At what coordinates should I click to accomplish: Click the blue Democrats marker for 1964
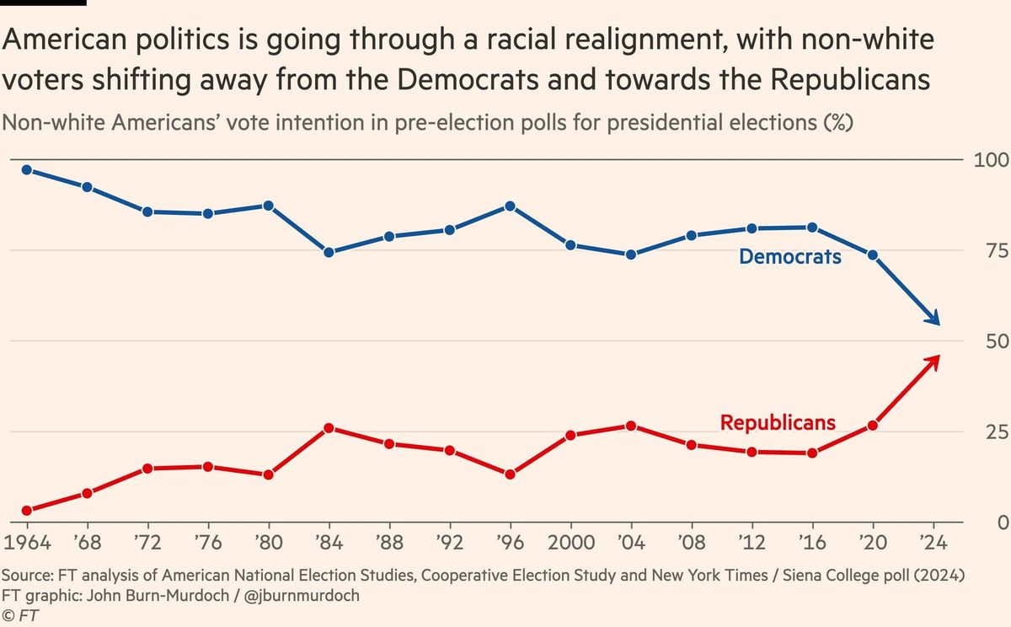click(27, 169)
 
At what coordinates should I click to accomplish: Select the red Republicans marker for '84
click(329, 428)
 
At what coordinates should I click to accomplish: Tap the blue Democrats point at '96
click(510, 206)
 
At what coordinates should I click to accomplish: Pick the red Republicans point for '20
click(873, 426)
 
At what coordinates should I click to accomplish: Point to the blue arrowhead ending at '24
click(935, 320)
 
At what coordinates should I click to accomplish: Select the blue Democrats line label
click(789, 256)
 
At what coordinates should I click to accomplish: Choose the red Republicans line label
click(778, 422)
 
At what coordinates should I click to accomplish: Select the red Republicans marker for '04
click(631, 426)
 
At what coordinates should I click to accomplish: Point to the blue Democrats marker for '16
click(812, 227)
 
